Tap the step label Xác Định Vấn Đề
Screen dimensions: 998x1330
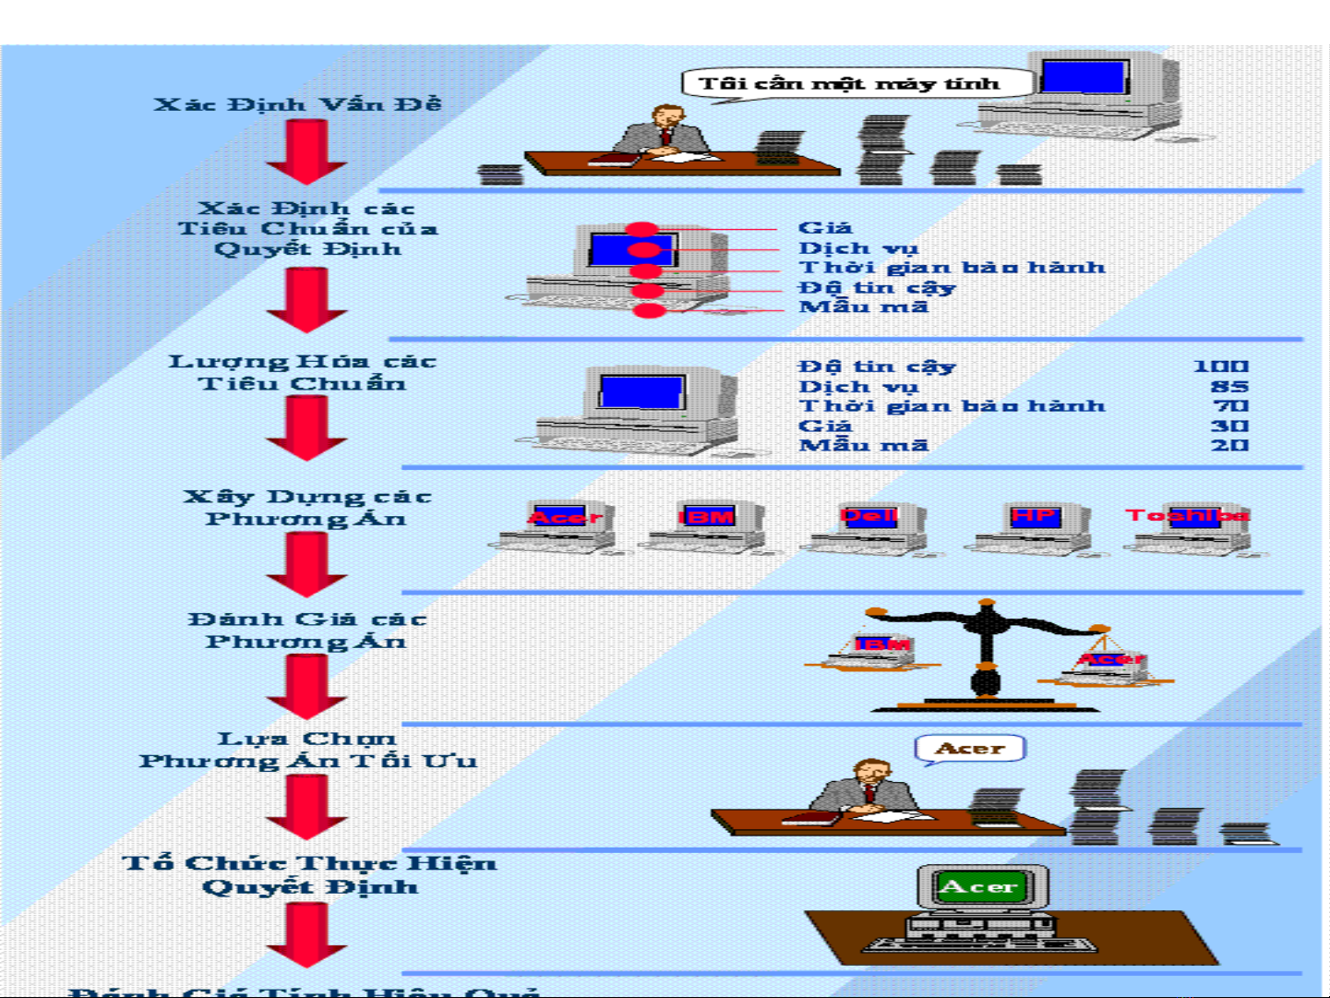[297, 104]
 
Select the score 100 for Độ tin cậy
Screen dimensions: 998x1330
[1220, 367]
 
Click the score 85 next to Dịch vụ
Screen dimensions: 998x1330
[1229, 387]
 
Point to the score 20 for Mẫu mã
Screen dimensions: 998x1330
[1229, 445]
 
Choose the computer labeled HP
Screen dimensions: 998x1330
[1033, 529]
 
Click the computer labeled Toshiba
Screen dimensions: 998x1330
[1189, 529]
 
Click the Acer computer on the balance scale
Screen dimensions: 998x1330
[1107, 666]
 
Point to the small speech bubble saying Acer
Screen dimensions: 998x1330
[970, 749]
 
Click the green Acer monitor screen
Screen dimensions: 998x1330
[979, 887]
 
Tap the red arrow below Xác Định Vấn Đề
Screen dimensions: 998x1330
[306, 151]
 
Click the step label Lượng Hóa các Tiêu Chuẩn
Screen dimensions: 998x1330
[302, 372]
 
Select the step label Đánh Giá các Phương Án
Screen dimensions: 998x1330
[306, 630]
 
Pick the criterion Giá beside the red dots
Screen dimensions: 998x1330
[825, 227]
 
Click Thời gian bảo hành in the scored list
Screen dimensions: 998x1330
[951, 406]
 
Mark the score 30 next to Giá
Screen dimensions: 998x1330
[1229, 426]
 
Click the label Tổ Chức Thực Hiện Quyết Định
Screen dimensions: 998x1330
[309, 874]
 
